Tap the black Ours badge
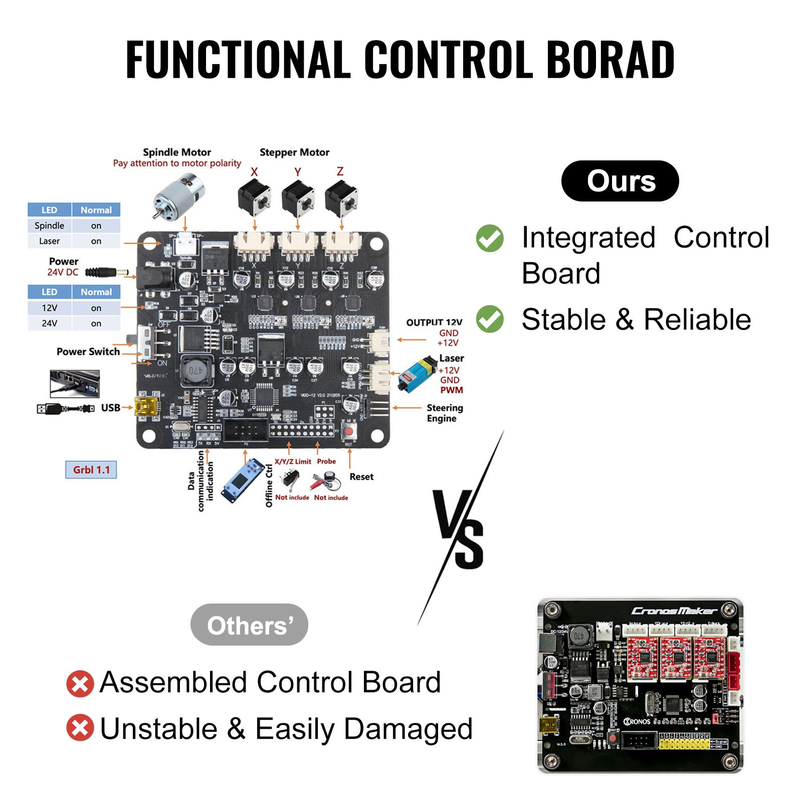pyautogui.click(x=620, y=181)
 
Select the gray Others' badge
pyautogui.click(x=249, y=625)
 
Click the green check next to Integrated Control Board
pyautogui.click(x=490, y=238)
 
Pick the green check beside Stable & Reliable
pyautogui.click(x=490, y=319)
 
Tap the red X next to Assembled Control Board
pyautogui.click(x=80, y=684)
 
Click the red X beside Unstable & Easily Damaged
pyautogui.click(x=80, y=728)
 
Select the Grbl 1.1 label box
pyautogui.click(x=91, y=470)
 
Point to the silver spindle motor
pyautogui.click(x=178, y=195)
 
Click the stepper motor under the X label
pyautogui.click(x=254, y=198)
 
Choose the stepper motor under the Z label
pyautogui.click(x=341, y=198)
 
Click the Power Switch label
pyautogui.click(x=88, y=352)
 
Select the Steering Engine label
pyautogui.click(x=444, y=413)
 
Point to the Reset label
pyautogui.click(x=361, y=477)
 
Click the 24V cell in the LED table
pyautogui.click(x=50, y=323)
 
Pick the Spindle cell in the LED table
pyautogui.click(x=50, y=226)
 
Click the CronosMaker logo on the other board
pyautogui.click(x=674, y=611)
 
